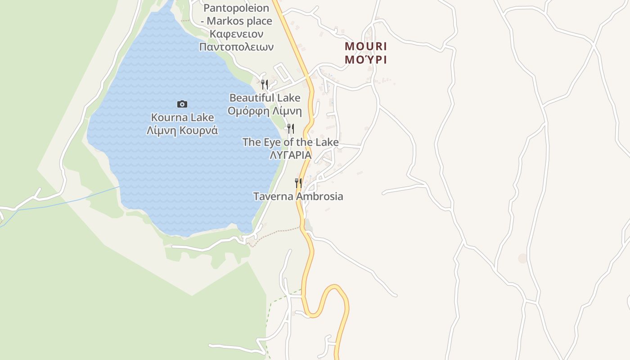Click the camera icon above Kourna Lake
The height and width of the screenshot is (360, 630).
(x=182, y=104)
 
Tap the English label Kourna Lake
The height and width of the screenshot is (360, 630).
(x=182, y=117)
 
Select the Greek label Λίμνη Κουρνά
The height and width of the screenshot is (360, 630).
(x=182, y=130)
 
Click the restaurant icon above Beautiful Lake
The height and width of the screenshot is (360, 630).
(x=265, y=84)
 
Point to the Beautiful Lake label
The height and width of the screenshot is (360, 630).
(x=265, y=98)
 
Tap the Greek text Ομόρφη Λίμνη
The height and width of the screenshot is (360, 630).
(x=265, y=111)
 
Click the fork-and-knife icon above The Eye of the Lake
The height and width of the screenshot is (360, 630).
(x=291, y=129)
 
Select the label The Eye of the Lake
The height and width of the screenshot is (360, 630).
(x=290, y=142)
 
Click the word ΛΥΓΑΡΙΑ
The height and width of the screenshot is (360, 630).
(x=290, y=155)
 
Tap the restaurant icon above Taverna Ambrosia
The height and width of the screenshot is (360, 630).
(x=298, y=183)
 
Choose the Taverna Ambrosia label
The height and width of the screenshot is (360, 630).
(x=298, y=196)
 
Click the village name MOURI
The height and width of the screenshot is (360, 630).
(x=366, y=46)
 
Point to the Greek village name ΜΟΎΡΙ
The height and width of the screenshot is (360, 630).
(x=366, y=59)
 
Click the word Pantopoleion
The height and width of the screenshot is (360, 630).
(x=236, y=8)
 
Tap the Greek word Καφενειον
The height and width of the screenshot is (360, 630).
(x=236, y=34)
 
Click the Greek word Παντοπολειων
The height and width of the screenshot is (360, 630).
(x=236, y=47)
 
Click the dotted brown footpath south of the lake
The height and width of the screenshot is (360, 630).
(x=274, y=234)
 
